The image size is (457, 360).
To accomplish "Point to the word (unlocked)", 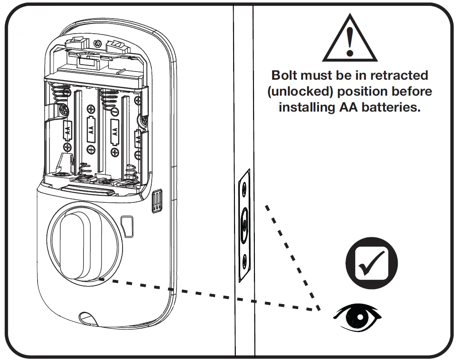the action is pos(300,92).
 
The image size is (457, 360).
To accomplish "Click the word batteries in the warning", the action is pos(391,107).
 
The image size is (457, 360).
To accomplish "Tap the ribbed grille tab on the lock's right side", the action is pos(157,201).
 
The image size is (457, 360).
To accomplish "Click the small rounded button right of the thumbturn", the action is pos(127,226).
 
